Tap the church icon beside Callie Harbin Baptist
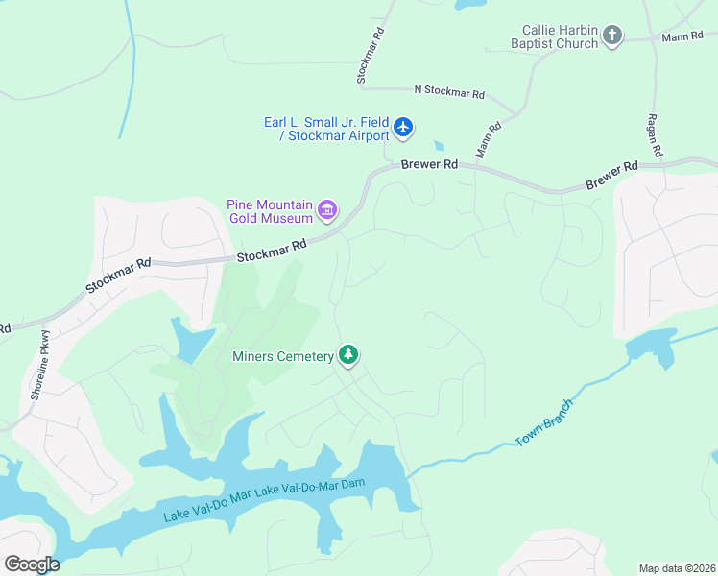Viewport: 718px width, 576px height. (x=612, y=37)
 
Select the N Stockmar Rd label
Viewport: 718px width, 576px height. (x=448, y=93)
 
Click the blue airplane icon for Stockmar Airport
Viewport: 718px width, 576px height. (x=403, y=127)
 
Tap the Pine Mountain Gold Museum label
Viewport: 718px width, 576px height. (x=271, y=210)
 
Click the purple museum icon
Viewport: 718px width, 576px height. (x=327, y=209)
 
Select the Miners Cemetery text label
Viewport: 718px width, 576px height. (x=283, y=356)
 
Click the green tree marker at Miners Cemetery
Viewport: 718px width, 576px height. (x=348, y=356)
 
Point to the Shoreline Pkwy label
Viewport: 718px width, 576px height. (x=39, y=365)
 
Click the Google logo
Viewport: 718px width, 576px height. (x=32, y=564)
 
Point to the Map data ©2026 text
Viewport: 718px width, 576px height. (x=677, y=568)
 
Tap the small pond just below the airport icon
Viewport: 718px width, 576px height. (x=439, y=146)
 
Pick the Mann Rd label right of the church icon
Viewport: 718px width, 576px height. (x=682, y=37)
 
